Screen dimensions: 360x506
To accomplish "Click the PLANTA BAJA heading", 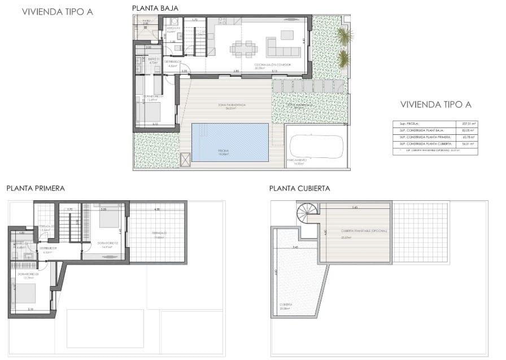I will (155, 8).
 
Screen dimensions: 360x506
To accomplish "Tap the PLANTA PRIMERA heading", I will (36, 188).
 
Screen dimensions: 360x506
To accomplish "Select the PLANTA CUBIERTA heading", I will (300, 188).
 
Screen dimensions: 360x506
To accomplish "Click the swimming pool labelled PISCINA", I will (230, 142).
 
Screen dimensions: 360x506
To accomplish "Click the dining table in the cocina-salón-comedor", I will (245, 48).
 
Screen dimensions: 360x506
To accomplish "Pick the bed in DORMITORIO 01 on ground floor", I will (149, 112).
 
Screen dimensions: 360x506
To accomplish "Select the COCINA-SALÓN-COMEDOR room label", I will (268, 65).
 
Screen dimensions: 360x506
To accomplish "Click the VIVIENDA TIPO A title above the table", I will (435, 104).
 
